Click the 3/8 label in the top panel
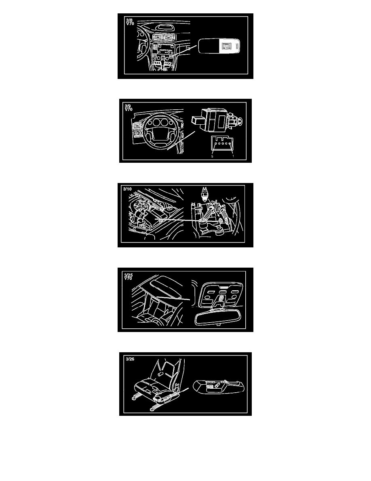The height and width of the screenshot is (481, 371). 129,20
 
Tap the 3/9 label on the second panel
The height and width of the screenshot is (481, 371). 128,106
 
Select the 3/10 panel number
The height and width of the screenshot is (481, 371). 127,189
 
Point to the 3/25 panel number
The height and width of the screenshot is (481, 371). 128,275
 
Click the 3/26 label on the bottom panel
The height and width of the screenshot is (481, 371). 130,359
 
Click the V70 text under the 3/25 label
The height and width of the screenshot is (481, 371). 128,278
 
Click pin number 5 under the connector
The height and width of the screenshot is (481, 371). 212,156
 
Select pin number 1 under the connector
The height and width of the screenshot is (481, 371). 233,156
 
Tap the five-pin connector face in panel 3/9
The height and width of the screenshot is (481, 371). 222,143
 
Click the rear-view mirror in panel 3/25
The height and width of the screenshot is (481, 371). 218,317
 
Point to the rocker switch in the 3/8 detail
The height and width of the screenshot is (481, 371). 226,46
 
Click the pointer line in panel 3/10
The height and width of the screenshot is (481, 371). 179,221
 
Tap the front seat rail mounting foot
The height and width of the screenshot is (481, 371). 134,398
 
